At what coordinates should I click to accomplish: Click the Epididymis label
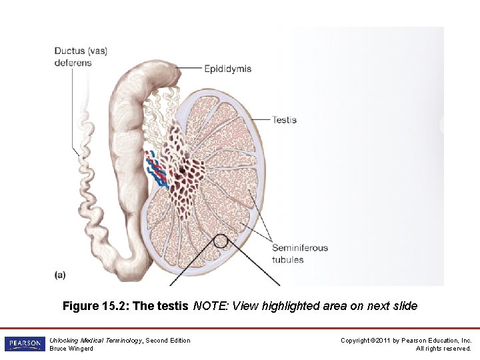227,69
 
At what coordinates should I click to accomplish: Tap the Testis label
284,120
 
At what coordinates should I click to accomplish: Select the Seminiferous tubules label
299,253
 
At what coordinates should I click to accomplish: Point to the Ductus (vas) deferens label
81,57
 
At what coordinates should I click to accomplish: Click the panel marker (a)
61,274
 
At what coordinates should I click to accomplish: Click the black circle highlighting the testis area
221,241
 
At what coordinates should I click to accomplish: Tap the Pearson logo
25,344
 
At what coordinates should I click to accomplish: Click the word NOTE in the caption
207,307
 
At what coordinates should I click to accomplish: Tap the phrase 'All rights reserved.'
443,348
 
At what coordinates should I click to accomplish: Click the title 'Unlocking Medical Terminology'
96,341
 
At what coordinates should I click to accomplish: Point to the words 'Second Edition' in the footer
168,341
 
